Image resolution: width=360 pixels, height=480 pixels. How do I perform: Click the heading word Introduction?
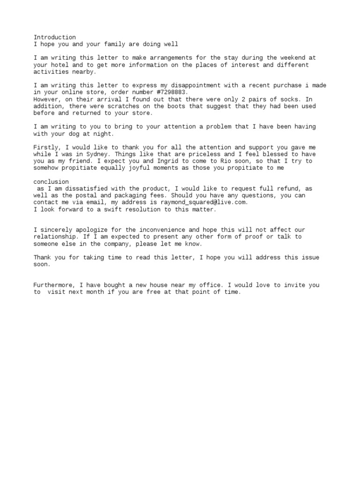tap(54, 37)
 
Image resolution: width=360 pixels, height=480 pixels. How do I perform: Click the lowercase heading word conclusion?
tap(51, 181)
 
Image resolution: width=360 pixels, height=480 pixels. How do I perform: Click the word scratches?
tap(120, 106)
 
